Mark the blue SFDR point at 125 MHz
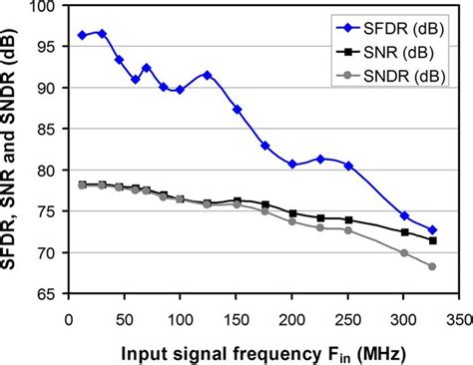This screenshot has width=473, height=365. (208, 75)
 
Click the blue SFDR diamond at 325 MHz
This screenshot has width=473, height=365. (432, 230)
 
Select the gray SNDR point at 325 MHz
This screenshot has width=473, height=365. (432, 266)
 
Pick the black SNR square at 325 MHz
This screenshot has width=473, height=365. (432, 240)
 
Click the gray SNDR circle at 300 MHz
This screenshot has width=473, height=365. (404, 253)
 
